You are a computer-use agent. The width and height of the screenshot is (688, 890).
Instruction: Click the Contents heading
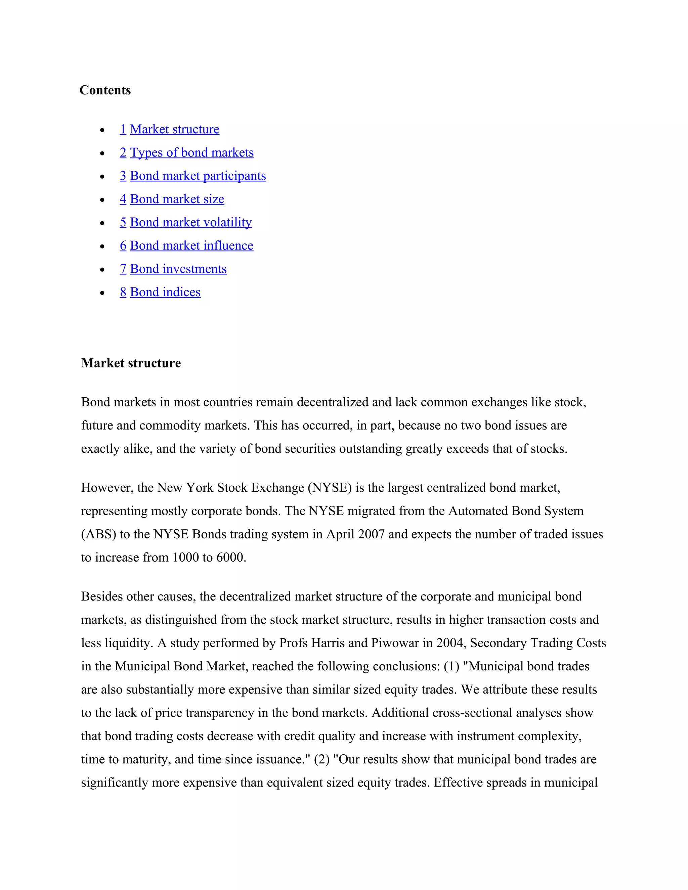[x=105, y=90]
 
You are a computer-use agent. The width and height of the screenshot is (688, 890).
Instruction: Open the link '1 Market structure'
[x=170, y=129]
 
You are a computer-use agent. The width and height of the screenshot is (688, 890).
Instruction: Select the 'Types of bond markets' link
[x=191, y=152]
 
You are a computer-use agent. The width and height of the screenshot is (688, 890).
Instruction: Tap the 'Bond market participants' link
[x=198, y=176]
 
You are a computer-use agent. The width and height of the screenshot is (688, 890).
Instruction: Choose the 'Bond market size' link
[x=177, y=199]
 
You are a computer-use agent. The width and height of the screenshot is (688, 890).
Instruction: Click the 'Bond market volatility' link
[x=191, y=222]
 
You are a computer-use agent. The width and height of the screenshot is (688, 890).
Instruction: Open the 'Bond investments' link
[x=178, y=269]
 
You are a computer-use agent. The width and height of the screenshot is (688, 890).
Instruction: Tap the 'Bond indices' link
[x=165, y=292]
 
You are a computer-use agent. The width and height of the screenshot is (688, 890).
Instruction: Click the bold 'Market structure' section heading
[x=131, y=363]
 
